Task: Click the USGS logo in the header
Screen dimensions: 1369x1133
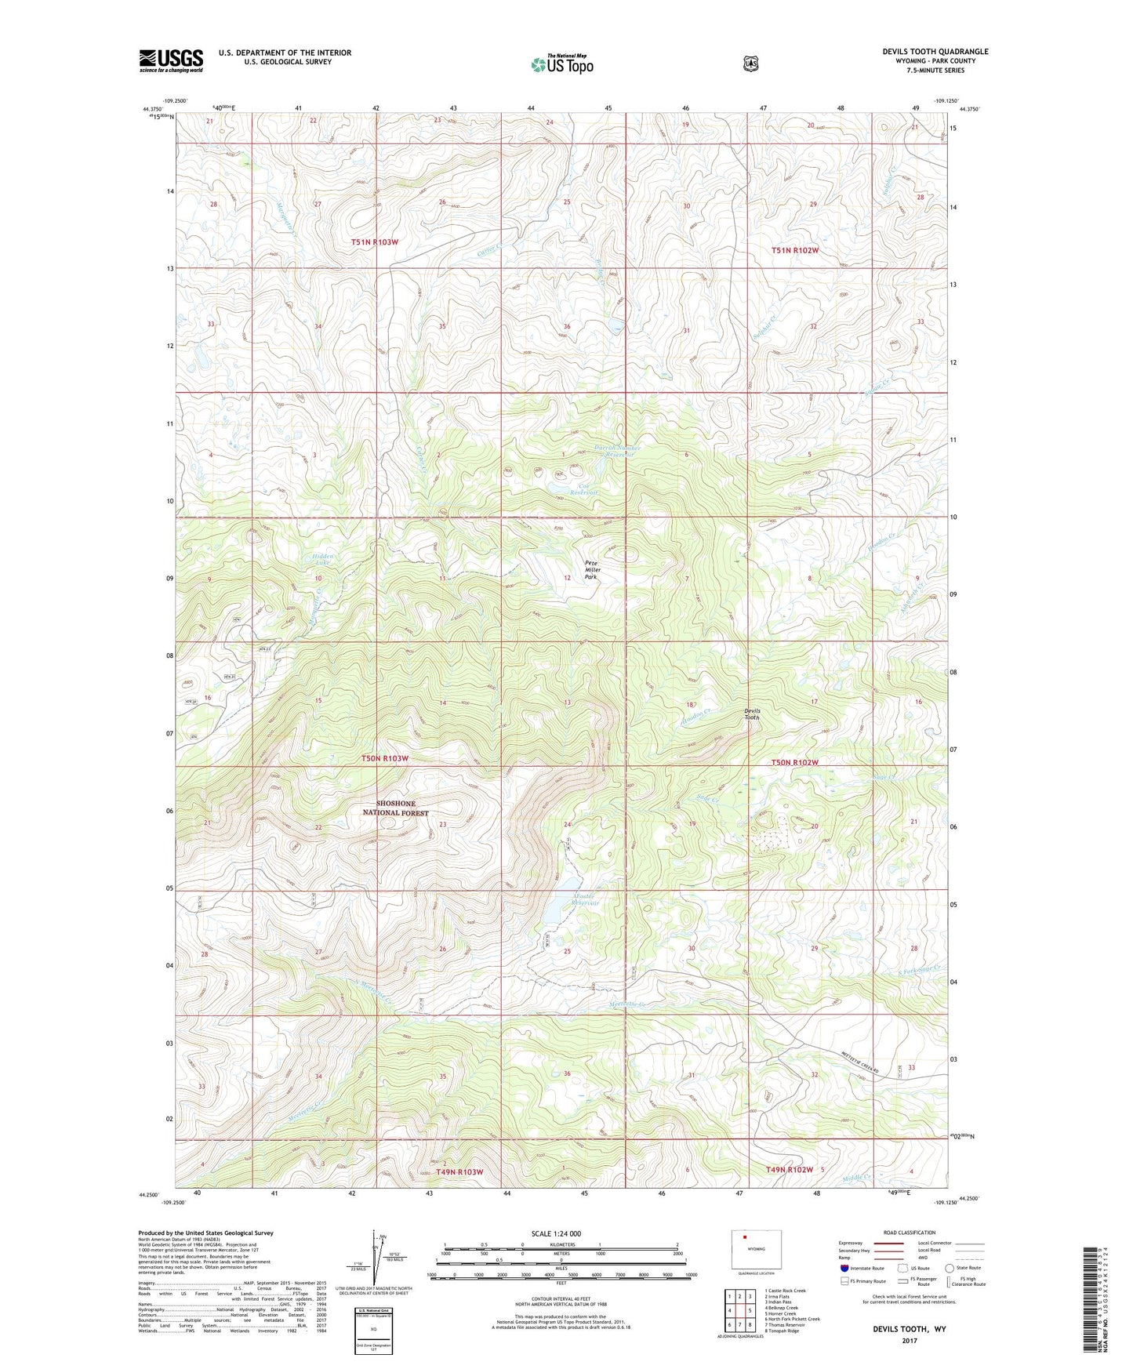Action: (171, 60)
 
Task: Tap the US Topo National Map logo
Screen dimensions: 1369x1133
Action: (561, 64)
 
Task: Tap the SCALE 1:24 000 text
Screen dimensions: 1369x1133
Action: (556, 1233)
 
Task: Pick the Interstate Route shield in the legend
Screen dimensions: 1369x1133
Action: (844, 1268)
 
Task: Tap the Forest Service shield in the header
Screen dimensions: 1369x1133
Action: (750, 64)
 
